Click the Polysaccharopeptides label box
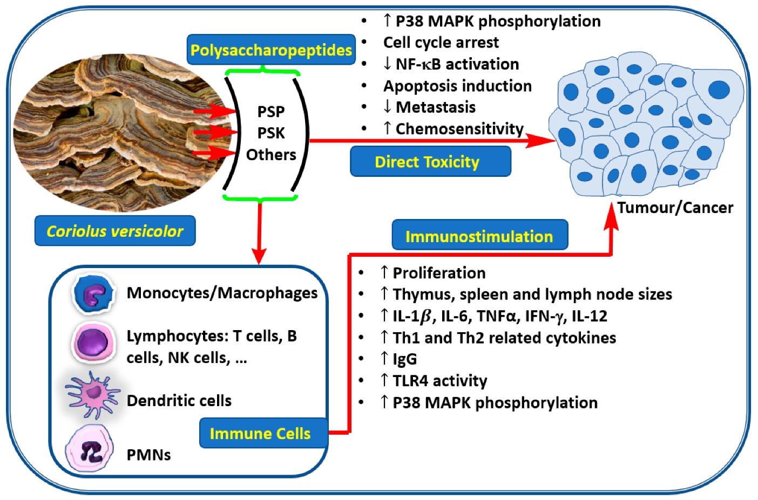tap(271, 50)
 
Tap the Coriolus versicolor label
tap(115, 231)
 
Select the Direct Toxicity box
tap(430, 161)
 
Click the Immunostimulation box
tap(479, 236)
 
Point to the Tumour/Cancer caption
tap(675, 208)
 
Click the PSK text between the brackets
tap(271, 133)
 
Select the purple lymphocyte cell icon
tap(93, 341)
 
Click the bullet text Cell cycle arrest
tap(441, 42)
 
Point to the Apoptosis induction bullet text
tap(457, 86)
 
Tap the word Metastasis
tap(436, 107)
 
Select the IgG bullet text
tap(405, 359)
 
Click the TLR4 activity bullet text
tap(440, 381)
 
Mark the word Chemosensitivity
tap(459, 128)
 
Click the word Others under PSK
tap(271, 155)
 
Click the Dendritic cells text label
tap(179, 401)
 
